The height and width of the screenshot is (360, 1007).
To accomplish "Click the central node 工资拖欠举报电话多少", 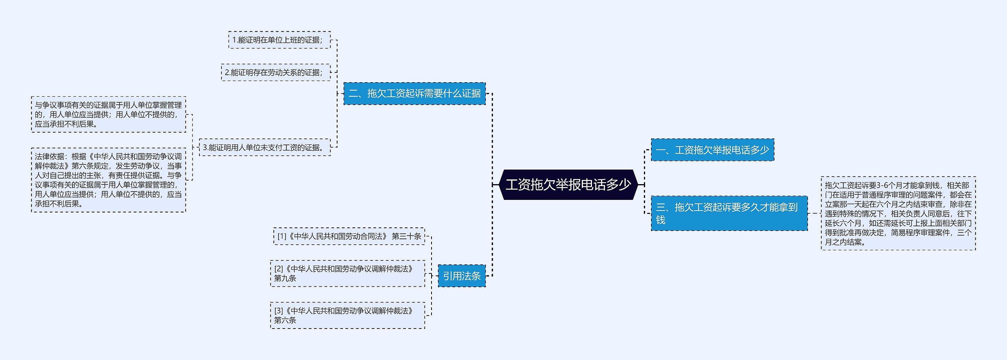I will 568,185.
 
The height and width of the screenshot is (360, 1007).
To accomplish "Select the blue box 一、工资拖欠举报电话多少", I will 712,150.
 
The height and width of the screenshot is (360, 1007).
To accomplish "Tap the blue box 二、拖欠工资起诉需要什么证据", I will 414,94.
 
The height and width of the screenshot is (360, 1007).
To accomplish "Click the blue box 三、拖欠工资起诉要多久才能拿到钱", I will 729,213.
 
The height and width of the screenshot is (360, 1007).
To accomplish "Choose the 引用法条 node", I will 461,276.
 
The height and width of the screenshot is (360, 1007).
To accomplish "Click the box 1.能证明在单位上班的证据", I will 279,40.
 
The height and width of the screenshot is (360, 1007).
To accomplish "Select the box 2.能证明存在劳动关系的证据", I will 275,73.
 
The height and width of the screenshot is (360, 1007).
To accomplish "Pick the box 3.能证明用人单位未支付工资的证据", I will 264,148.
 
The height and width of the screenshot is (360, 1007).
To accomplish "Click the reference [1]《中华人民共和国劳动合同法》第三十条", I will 349,236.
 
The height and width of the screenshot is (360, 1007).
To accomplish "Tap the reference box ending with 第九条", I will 347,273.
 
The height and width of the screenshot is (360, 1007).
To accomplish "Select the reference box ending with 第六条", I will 347,316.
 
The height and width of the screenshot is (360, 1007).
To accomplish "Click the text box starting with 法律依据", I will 108,180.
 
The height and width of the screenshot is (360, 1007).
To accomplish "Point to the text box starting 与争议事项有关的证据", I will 108,114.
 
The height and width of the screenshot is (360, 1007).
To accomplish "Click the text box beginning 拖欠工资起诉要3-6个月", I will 898,213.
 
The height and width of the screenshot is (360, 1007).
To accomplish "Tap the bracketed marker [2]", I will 278,269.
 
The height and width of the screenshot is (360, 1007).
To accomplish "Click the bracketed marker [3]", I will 278,311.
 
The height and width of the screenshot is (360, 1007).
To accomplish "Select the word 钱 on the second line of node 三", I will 660,220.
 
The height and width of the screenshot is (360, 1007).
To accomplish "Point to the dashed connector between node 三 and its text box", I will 814,214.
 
